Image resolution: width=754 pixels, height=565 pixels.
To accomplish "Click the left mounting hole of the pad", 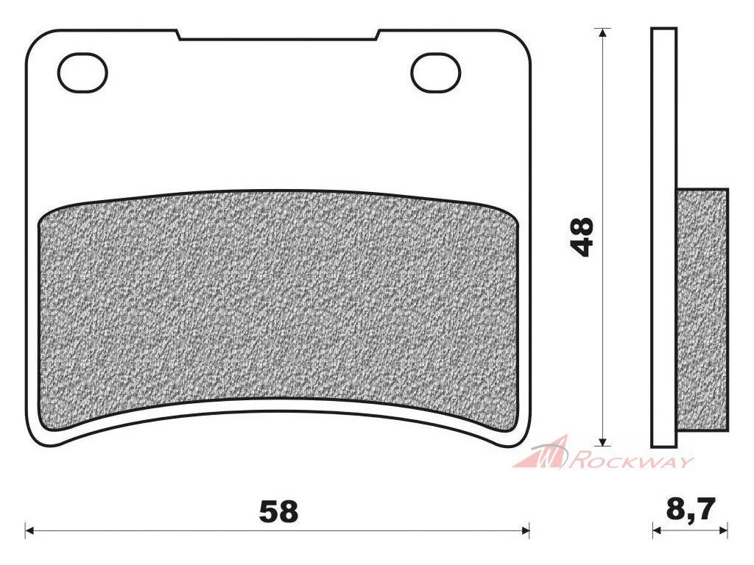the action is coord(82,73).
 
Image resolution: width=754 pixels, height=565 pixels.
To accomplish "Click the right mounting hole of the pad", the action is coord(436,73).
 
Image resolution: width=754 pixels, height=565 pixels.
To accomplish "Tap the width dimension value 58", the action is coord(278,512).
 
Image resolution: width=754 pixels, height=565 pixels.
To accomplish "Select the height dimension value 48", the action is coord(582,237).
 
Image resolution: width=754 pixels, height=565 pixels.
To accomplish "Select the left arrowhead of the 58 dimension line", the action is coord(29,530).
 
